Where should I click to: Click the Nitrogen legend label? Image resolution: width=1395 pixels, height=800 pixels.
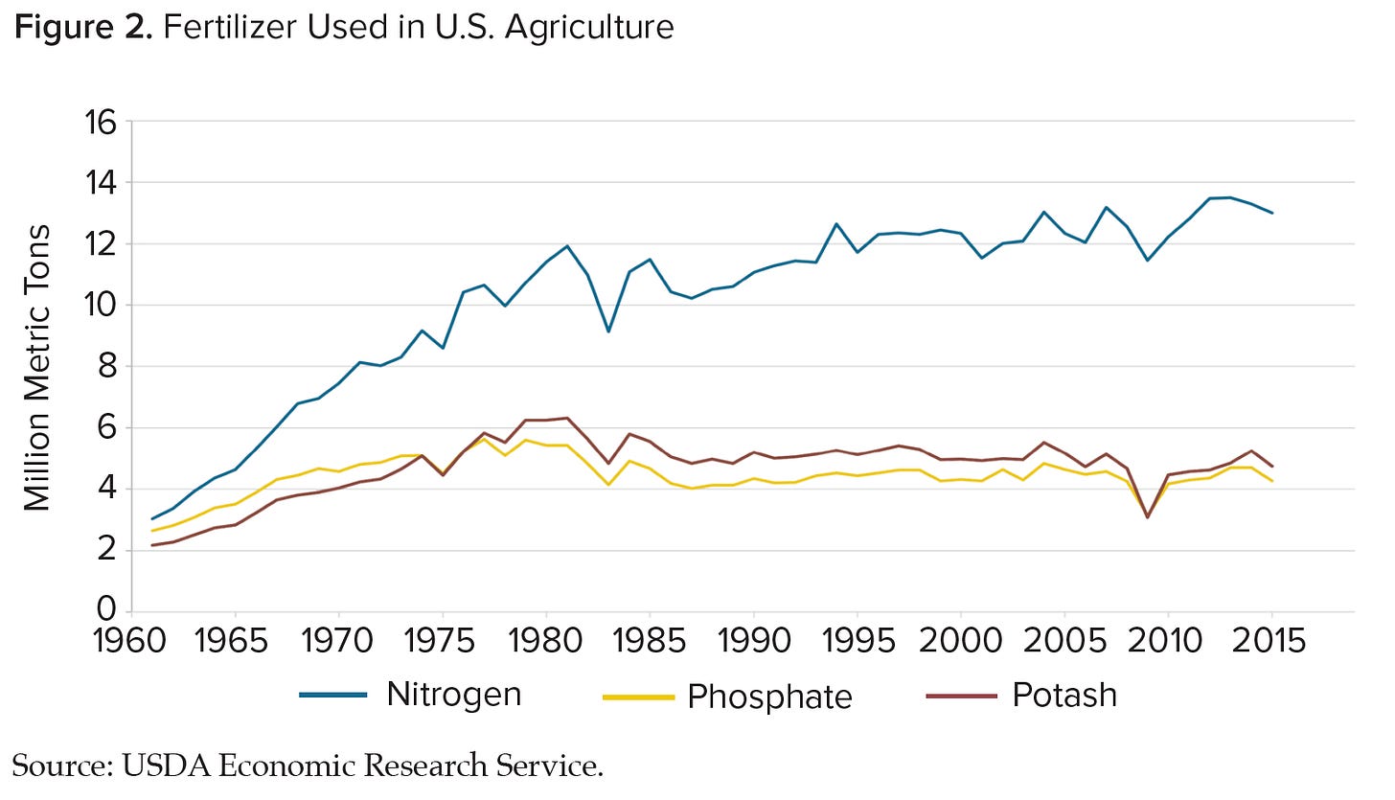[453, 694]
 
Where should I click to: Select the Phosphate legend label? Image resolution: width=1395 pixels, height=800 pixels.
[769, 696]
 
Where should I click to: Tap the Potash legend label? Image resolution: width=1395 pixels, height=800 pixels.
[1063, 694]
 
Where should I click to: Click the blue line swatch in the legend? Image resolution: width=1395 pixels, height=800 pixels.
[332, 696]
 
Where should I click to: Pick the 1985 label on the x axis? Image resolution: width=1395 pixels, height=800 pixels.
[651, 640]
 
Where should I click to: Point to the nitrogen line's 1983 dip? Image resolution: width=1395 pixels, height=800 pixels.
[608, 331]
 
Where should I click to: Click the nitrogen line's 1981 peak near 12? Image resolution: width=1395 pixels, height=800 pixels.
[567, 246]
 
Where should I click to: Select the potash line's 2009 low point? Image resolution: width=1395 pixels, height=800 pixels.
[1148, 517]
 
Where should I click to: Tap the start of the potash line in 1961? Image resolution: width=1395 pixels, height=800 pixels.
[152, 545]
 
